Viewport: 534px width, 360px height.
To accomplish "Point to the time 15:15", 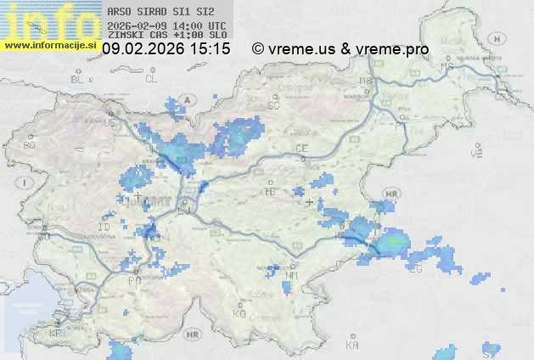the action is coord(211,49).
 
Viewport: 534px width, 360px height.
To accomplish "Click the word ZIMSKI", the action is coord(126,37).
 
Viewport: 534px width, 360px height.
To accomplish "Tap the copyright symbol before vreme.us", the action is coord(258,49).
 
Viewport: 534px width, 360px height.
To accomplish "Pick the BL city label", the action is coord(78,79).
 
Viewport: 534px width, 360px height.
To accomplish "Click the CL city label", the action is coord(151,79).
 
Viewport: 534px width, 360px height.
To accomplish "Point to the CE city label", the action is coord(301,149).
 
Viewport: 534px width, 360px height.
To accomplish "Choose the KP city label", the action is coord(56,334).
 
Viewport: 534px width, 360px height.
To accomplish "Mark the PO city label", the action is coord(134,280).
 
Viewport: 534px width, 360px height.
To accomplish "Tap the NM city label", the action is coord(292,275).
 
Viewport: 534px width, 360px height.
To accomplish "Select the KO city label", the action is coord(239,313).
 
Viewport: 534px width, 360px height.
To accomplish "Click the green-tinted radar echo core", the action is coord(392,245).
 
